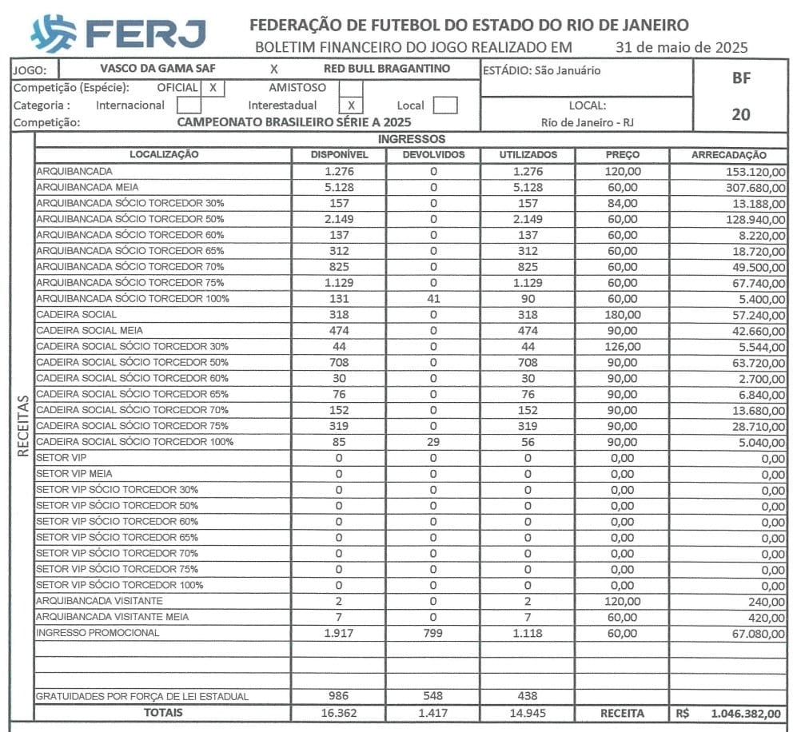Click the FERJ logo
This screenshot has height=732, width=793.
pos(118,33)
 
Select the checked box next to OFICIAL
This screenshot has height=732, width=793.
pos(213,87)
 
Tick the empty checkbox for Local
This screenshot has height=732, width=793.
pos(445,105)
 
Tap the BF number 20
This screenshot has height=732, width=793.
pos(741,114)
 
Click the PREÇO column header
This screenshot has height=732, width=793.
pos(621,155)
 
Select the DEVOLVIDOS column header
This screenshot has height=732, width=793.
pos(433,155)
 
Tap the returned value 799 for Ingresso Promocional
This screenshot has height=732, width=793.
pos(433,633)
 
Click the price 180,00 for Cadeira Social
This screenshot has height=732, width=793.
pos(621,314)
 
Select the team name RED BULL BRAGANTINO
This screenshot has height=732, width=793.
pos(388,69)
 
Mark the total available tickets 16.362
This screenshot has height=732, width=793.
pos(339,713)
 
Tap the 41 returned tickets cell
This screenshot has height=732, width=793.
pos(433,298)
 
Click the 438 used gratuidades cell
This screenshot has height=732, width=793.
pos(527,696)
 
